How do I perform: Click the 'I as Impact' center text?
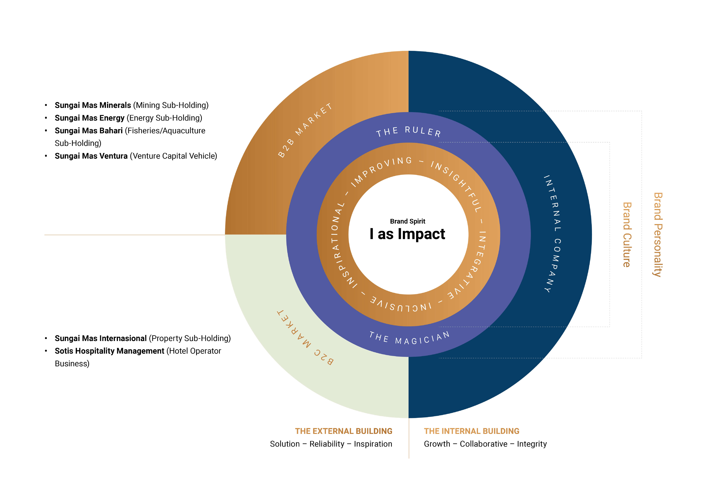tap(407, 234)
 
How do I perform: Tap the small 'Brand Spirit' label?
tap(408, 221)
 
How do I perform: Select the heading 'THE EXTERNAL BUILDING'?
tap(344, 431)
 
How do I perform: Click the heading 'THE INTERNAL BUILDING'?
tap(471, 431)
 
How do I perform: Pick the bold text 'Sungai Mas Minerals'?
tap(93, 105)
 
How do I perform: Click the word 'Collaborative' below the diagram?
tap(483, 444)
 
